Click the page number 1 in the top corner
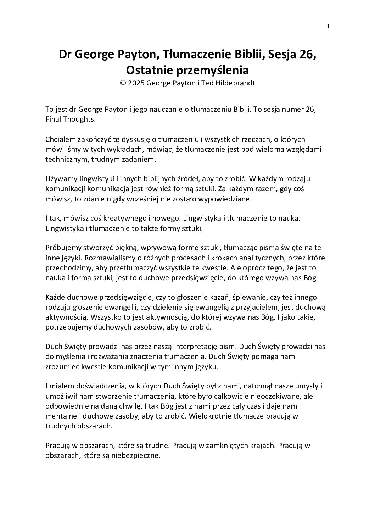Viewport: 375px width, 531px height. [328, 26]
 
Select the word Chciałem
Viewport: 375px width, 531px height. [59, 140]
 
